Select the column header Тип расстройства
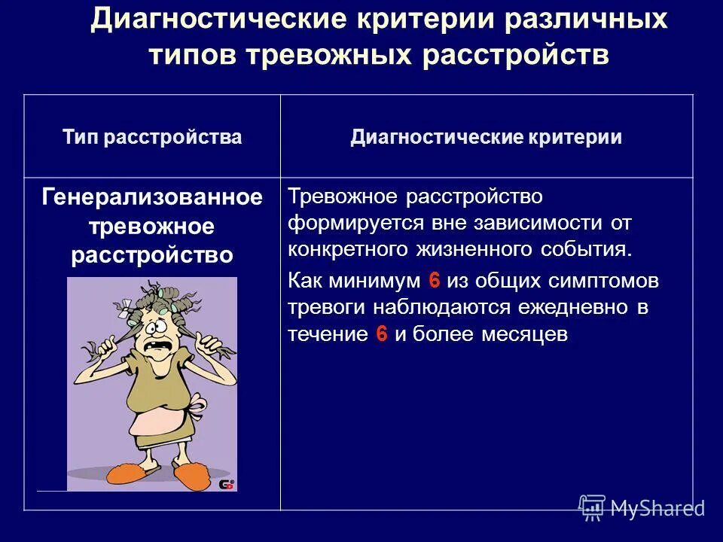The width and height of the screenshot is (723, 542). pos(152,137)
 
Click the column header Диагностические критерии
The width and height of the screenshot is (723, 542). pos(486,137)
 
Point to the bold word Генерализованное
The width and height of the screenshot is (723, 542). pos(152,198)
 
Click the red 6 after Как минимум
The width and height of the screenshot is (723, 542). pos(434,281)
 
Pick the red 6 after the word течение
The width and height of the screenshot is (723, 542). pos(381,335)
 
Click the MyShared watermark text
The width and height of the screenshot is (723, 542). pos(657,508)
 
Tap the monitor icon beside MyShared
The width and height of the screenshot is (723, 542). pos(592,507)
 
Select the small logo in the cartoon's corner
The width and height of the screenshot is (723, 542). pos(227,484)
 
